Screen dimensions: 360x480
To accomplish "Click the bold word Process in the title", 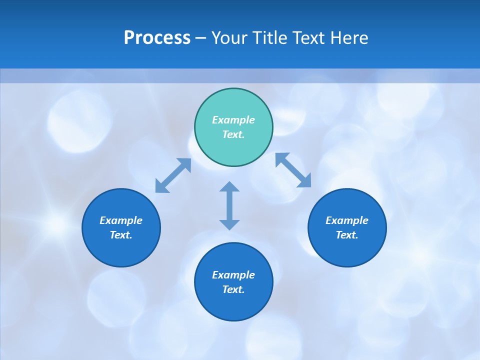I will point(157,38).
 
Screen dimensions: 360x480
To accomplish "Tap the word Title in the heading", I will point(269,38).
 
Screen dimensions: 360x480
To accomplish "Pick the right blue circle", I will point(347,247).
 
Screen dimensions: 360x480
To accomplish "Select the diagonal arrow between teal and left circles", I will point(173,175).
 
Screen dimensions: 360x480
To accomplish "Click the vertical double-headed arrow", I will point(229,205).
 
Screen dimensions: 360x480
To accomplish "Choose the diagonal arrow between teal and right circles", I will point(293,170).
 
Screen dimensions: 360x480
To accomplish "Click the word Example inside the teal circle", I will point(233,120).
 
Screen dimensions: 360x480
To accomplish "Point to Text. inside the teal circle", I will point(233,134).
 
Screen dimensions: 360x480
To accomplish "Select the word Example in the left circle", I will point(121,220).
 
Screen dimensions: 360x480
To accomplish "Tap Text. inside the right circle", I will point(347,235).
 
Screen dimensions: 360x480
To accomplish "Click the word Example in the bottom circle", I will point(233,275).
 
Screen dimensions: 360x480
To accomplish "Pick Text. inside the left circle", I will point(121,235).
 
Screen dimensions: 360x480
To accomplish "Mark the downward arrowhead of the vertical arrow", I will point(229,224).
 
